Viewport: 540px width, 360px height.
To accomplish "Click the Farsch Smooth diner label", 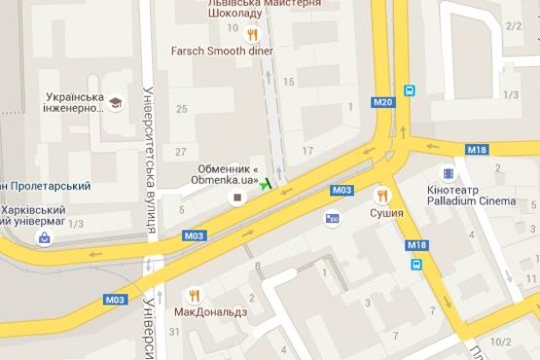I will pos(221,51).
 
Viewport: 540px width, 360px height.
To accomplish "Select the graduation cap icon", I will pos(116,102).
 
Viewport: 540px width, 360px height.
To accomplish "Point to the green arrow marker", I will pos(267,184).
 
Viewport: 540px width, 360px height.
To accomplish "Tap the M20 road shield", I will pos(381,102).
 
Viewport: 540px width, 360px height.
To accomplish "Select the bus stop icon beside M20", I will pos(410,90).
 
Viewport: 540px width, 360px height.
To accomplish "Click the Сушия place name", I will pos(386,210).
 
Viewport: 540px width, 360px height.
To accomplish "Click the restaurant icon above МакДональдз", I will pos(195,295).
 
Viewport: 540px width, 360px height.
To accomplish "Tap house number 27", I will pos(180,152).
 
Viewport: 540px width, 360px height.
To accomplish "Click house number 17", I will pos(308,150).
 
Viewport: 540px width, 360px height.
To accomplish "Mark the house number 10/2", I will pos(501,342).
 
